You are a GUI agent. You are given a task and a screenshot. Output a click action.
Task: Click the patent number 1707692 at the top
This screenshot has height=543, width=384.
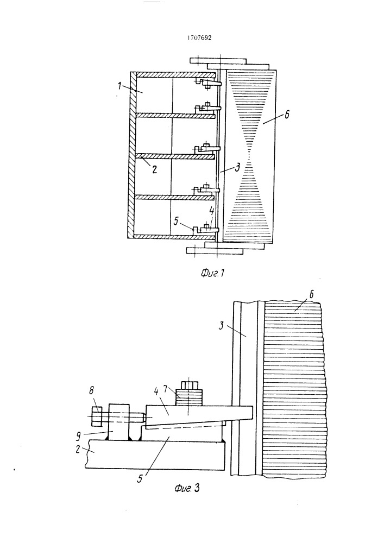(x=199, y=38)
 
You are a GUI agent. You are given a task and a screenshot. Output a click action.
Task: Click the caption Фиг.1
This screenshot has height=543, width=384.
(x=212, y=274)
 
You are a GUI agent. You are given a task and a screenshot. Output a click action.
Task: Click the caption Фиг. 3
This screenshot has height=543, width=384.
(x=187, y=488)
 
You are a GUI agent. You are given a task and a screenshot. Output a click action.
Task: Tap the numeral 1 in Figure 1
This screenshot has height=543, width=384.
(x=119, y=86)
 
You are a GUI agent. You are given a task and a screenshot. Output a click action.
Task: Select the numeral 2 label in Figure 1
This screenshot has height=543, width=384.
(x=154, y=169)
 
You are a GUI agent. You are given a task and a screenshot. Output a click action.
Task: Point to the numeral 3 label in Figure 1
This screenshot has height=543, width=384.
(x=237, y=168)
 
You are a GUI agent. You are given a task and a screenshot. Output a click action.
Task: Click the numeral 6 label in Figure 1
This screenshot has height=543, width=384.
(x=286, y=114)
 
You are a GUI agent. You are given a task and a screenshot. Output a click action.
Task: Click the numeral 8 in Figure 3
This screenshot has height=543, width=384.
(x=91, y=391)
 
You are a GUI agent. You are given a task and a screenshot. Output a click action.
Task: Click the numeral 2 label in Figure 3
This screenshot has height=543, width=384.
(x=78, y=450)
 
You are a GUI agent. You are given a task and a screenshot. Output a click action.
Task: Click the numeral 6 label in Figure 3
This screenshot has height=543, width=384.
(x=311, y=295)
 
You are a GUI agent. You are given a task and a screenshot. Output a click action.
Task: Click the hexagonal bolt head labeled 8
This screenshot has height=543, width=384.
(x=97, y=416)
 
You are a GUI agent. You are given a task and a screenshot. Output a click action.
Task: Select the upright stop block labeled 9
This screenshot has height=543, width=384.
(x=119, y=422)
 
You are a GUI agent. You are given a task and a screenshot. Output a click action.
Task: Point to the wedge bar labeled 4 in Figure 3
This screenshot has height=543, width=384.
(x=199, y=415)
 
